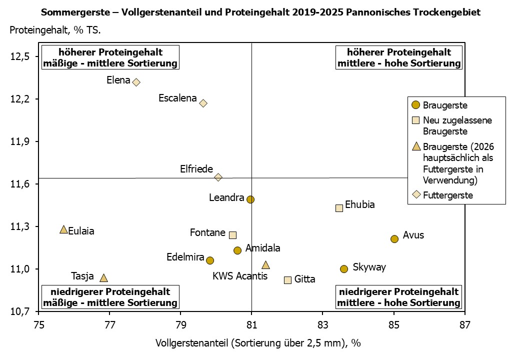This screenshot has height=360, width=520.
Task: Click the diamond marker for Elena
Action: [x=136, y=82]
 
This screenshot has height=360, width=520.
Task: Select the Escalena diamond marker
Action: [x=203, y=103]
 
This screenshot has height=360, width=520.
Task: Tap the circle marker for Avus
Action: [x=394, y=239]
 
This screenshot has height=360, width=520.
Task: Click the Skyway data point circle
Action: [x=344, y=269]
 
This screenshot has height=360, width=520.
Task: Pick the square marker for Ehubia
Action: [x=339, y=208]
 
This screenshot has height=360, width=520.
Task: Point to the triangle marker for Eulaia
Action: [x=63, y=229]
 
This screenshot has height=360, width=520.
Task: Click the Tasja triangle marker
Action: [x=103, y=278]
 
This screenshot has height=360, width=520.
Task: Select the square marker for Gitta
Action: [x=287, y=280]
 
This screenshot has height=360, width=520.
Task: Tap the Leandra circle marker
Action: [x=250, y=199]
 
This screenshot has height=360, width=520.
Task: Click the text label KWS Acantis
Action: [x=240, y=276]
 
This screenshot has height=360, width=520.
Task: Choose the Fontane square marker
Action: [x=232, y=235]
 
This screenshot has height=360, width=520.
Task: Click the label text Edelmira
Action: [x=184, y=257]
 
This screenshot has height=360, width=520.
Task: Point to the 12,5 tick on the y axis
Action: [x=20, y=56]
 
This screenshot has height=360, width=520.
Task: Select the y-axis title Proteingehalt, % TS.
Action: [x=55, y=30]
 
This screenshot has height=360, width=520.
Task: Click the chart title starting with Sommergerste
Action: [x=260, y=12]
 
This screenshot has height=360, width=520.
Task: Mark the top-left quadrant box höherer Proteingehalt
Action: [x=110, y=58]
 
